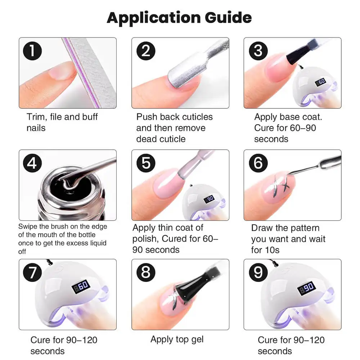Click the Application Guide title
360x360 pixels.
tap(179, 17)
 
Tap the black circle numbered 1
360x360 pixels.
tap(33, 51)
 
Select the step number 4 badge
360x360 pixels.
tap(33, 163)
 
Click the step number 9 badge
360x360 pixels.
tap(258, 273)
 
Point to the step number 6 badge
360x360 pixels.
tap(258, 163)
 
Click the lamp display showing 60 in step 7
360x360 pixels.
tap(80, 287)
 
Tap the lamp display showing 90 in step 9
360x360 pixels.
tap(306, 288)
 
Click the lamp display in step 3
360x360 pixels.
tap(320, 82)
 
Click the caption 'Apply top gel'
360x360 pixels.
tap(177, 339)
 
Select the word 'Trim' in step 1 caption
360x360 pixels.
tap(36, 117)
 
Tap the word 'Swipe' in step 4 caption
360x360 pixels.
tap(28, 227)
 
